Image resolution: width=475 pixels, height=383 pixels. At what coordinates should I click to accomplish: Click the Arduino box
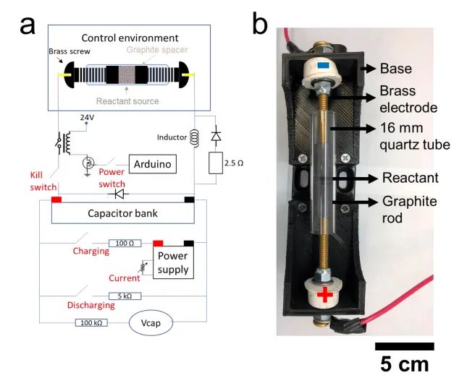[152, 165]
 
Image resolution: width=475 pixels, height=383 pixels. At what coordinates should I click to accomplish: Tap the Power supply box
[172, 263]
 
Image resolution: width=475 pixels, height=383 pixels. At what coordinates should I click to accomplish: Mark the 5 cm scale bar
[403, 346]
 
